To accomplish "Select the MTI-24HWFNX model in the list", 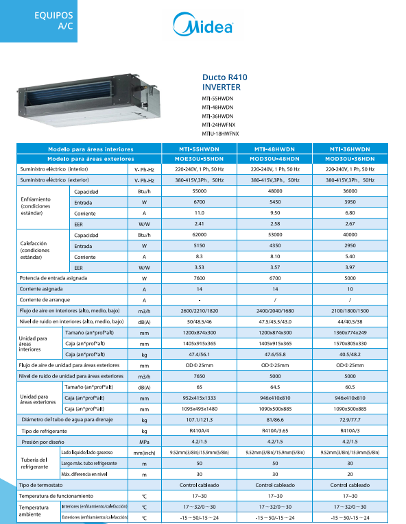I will pyautogui.click(x=219, y=125).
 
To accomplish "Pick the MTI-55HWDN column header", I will pyautogui.click(x=200, y=149).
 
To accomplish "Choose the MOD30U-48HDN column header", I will pyautogui.click(x=274, y=158).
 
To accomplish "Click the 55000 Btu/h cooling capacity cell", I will pyautogui.click(x=200, y=191).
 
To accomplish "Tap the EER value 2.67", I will pyautogui.click(x=350, y=223).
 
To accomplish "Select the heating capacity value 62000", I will pyautogui.click(x=200, y=234).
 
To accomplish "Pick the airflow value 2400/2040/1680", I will pyautogui.click(x=274, y=311).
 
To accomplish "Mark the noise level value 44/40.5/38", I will pyautogui.click(x=350, y=321).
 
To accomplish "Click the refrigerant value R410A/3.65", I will pyautogui.click(x=274, y=430).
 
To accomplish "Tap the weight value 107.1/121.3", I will pyautogui.click(x=200, y=419).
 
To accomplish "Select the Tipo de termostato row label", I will pyautogui.click(x=47, y=484).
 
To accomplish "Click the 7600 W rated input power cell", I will pyautogui.click(x=200, y=279).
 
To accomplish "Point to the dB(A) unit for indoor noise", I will pyautogui.click(x=145, y=321).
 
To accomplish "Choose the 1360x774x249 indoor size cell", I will pyautogui.click(x=350, y=332).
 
